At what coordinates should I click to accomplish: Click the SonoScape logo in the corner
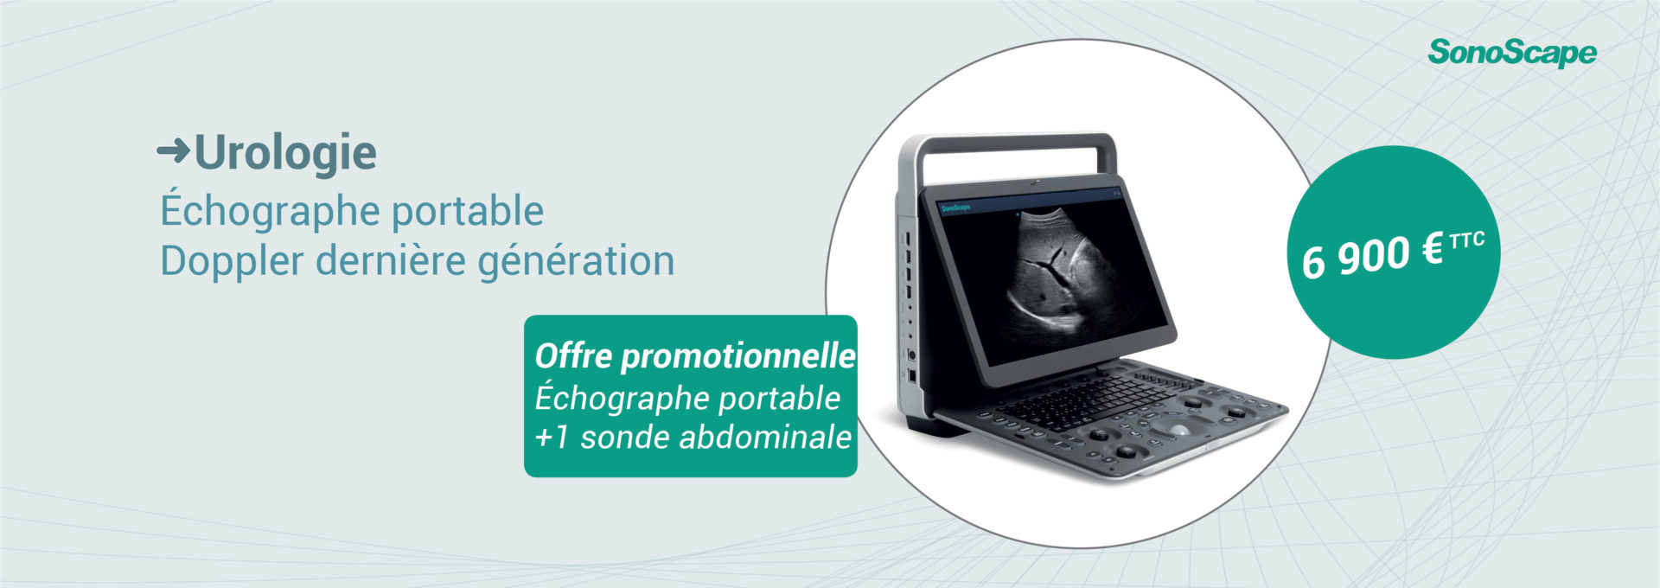[x=1511, y=53]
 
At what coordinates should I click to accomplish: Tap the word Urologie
[x=285, y=153]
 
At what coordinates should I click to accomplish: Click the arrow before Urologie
[x=173, y=152]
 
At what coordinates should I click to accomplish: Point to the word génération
[x=576, y=262]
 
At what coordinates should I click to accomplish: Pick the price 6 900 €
[x=1373, y=256]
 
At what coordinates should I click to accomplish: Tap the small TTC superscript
[x=1467, y=240]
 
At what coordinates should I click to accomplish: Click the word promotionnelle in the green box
[x=738, y=356]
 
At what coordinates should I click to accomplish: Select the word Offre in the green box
[x=573, y=355]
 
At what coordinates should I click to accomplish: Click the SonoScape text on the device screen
[x=955, y=208]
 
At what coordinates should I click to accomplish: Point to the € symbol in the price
[x=1433, y=251]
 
